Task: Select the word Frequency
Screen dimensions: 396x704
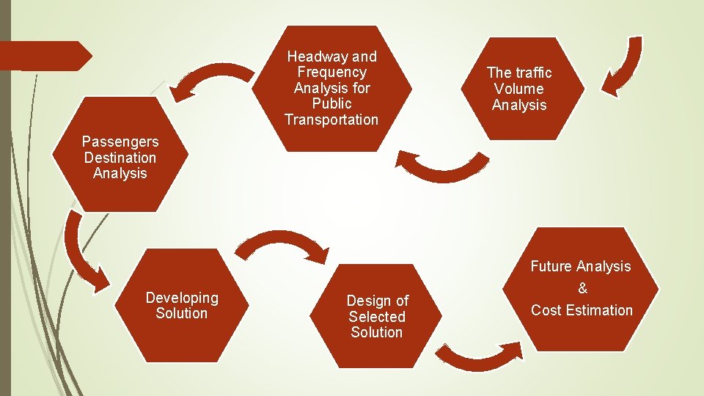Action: (331, 72)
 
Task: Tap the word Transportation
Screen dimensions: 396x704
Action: (331, 120)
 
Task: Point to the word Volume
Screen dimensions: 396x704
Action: (519, 89)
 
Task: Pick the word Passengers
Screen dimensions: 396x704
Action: (120, 141)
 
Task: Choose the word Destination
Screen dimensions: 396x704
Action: (120, 157)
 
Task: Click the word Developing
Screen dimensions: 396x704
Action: (182, 298)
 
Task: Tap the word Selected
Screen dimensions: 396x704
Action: (377, 317)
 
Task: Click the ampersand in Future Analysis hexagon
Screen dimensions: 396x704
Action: (582, 288)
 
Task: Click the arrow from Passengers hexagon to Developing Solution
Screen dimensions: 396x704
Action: (81, 249)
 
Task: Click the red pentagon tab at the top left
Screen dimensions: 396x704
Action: (44, 56)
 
